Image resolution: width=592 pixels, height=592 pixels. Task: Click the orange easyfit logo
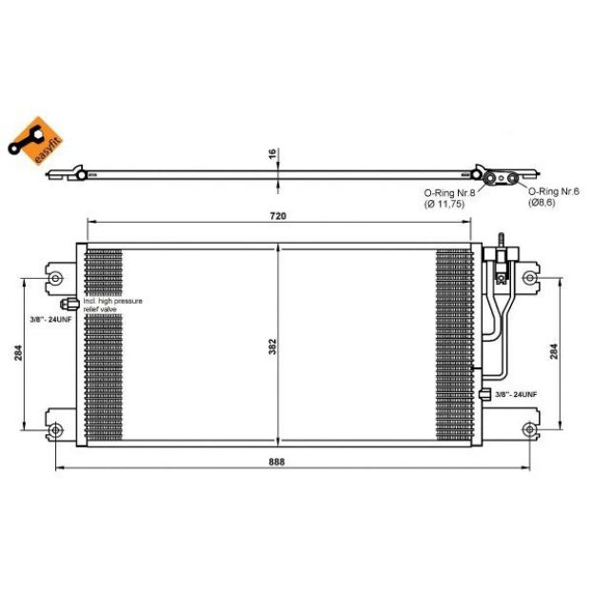[36, 141]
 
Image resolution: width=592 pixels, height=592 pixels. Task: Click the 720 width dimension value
[278, 216]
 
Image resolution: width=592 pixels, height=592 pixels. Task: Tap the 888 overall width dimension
[277, 462]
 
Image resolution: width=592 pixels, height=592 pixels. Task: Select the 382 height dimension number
[272, 346]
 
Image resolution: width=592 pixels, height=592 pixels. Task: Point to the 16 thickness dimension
[272, 154]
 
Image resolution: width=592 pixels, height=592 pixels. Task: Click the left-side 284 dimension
[18, 353]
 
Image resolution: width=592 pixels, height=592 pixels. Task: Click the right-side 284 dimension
[554, 351]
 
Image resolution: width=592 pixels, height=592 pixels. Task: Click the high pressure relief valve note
[113, 306]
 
